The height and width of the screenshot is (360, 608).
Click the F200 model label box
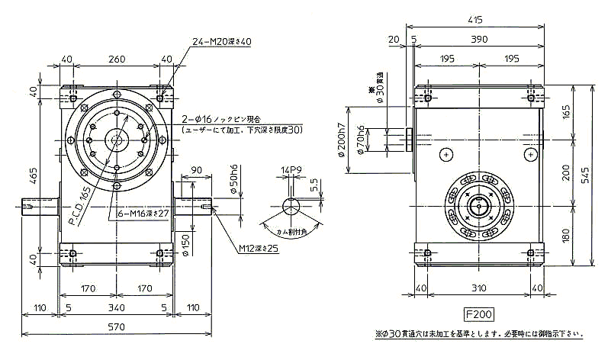479,313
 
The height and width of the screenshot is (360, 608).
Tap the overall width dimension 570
116,327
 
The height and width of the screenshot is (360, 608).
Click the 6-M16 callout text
143,214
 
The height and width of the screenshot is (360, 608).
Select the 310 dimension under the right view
479,288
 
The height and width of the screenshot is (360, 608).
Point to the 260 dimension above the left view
116,58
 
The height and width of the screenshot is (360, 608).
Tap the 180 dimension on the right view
565,233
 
